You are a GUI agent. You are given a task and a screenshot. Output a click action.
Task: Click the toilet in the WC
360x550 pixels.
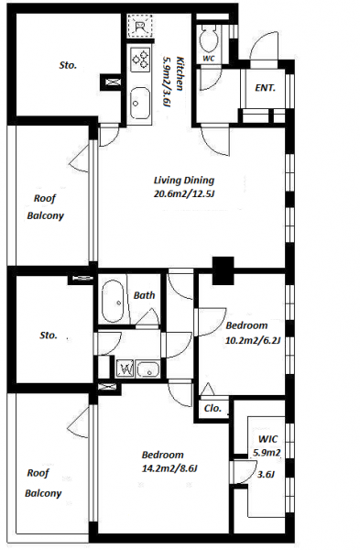point(209,38)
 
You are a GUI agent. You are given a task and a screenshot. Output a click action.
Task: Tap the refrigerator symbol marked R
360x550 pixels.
point(140,27)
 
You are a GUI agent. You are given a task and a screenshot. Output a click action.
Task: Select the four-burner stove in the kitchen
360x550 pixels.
point(140,59)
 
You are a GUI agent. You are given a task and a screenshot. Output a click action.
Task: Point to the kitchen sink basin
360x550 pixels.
point(140,103)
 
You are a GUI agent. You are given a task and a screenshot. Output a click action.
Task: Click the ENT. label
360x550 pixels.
point(265,88)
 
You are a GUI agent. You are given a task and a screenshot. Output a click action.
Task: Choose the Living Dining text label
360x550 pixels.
point(184,181)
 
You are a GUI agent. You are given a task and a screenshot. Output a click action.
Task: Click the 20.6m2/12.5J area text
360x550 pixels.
point(184,193)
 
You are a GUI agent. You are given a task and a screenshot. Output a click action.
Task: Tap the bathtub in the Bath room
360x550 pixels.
point(113,302)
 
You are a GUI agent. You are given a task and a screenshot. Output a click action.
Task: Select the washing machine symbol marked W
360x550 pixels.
point(125,368)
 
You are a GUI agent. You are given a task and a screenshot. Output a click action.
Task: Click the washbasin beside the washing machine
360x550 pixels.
point(147,369)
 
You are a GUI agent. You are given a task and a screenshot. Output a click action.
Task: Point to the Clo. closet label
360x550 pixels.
point(213,408)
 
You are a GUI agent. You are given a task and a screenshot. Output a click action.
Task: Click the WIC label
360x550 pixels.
point(267,439)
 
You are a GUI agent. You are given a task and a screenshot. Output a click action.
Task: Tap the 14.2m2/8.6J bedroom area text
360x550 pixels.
point(169,468)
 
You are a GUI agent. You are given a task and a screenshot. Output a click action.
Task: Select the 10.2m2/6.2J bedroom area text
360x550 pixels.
point(253,340)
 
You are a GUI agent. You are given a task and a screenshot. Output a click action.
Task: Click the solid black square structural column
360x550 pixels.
point(224,270)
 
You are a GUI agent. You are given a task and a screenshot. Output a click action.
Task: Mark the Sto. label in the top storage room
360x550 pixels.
point(68,65)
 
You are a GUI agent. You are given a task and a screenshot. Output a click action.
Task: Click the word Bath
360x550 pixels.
point(144,295)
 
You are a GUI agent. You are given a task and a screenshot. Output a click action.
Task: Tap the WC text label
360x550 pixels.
point(209,59)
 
